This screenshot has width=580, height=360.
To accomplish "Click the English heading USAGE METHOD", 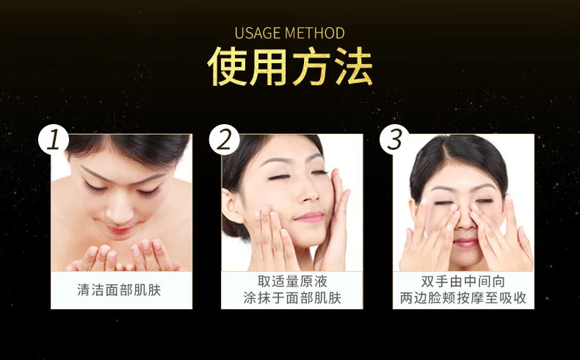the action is coord(289,33).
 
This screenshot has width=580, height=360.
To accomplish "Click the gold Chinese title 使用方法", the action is coord(290,67).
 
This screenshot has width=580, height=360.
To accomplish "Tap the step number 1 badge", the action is coord(54,140).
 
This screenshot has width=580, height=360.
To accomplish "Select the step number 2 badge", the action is coord(224,140).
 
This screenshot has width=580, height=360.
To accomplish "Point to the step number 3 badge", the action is coord(395,140).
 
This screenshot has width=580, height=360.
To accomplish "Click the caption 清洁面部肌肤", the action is coord(119,290).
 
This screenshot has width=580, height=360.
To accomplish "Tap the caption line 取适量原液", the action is coord(292,281).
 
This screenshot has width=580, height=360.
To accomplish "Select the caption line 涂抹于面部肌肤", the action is coord(292,298).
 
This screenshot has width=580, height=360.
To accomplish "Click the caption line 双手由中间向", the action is coord(463,281).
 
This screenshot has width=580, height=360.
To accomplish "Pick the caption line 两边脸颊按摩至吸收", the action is coord(463,298).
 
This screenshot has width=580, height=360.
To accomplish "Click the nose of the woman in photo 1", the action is coord(120,211).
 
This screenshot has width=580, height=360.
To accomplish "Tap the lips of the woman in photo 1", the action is coord(119,230).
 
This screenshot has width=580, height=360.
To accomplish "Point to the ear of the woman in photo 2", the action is coord(231,206).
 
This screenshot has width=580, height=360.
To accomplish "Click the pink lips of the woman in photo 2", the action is coord(310,217).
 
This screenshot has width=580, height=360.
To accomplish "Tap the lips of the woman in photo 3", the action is coord(465,242).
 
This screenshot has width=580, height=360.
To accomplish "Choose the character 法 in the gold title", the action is coord(353,67).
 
